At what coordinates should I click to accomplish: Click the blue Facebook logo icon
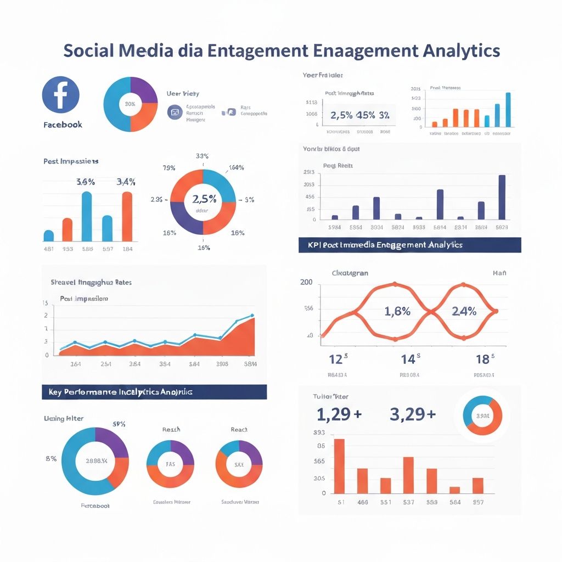[x=61, y=94]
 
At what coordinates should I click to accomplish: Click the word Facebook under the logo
[x=63, y=125]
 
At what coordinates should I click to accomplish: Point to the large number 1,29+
[x=339, y=414]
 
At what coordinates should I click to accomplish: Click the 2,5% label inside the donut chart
[x=203, y=199]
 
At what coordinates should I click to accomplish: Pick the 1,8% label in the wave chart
[x=397, y=311]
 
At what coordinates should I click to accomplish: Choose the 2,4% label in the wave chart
[x=464, y=311]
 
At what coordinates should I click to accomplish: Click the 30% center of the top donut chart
[x=130, y=104]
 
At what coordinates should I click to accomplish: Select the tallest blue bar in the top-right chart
[x=508, y=110]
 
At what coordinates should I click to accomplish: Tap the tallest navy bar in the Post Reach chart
[x=502, y=197]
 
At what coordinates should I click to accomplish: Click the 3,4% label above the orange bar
[x=126, y=182]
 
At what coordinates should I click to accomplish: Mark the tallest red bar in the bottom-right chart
[x=340, y=466]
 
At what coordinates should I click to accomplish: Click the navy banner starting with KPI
[x=409, y=245]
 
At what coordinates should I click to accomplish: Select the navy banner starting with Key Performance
[x=154, y=392]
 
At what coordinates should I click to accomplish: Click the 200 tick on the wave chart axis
[x=306, y=282]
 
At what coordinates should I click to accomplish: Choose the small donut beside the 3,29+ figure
[x=482, y=415]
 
